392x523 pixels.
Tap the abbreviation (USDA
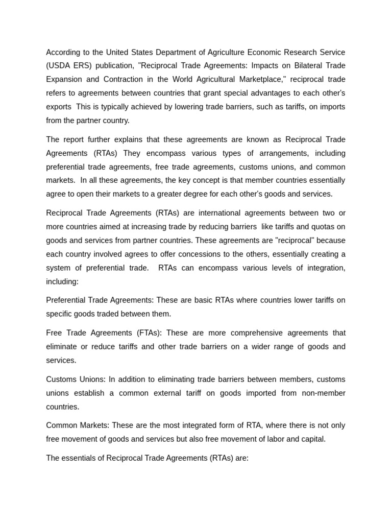pos(59,66)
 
